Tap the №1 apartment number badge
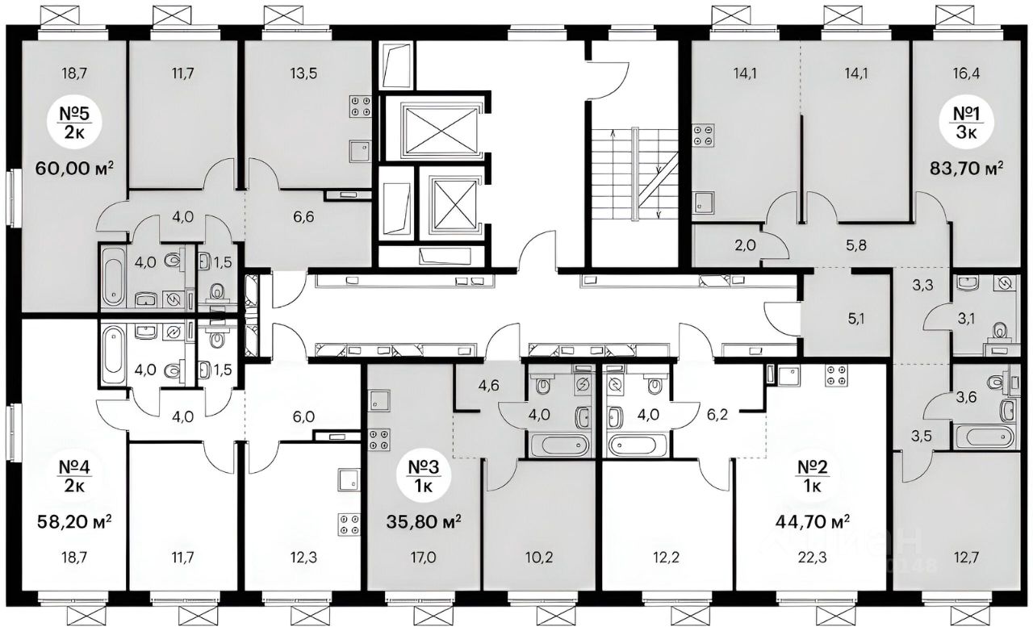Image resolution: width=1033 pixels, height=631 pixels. click(967, 122)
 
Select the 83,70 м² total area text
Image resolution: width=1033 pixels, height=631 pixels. click(965, 169)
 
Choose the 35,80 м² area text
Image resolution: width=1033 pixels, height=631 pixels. click(424, 522)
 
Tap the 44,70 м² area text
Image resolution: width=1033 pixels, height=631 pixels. click(813, 522)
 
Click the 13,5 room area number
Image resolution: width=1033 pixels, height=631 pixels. click(304, 73)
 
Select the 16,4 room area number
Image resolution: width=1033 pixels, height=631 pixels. click(968, 73)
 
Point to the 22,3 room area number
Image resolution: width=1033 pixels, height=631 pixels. click(813, 558)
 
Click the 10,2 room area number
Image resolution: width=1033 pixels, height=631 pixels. click(539, 558)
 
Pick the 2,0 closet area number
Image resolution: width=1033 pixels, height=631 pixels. click(745, 245)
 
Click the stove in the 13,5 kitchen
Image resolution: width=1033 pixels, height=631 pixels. click(360, 106)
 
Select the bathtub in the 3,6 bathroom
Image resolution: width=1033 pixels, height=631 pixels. click(984, 436)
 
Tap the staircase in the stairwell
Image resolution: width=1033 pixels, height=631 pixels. click(635, 173)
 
